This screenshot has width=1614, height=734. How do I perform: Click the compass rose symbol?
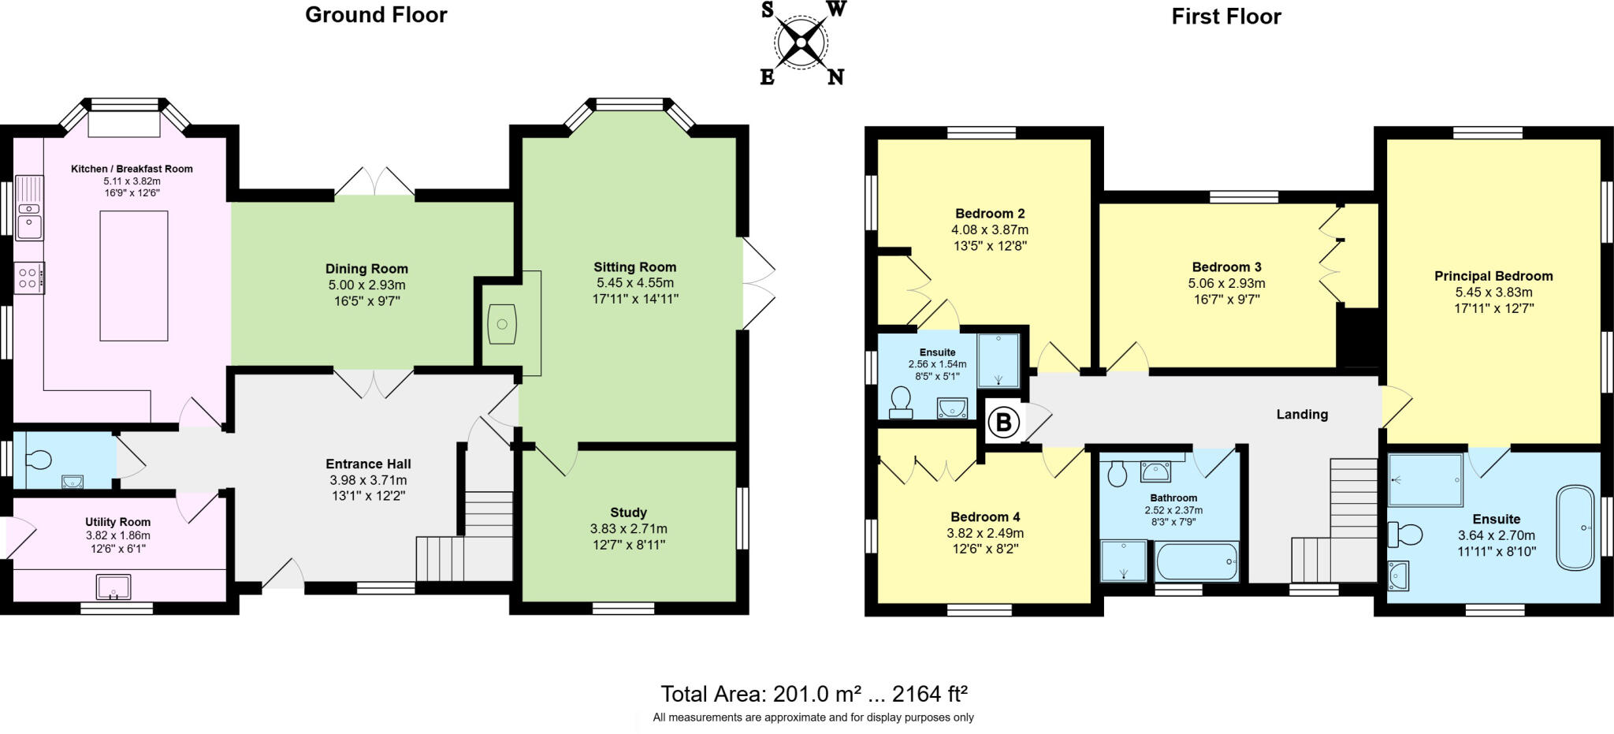801,42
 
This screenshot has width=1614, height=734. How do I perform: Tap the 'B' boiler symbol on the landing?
1003,423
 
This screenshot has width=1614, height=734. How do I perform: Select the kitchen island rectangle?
134,275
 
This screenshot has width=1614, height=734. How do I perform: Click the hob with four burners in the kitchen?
29,278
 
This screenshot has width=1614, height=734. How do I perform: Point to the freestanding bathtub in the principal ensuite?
1575,527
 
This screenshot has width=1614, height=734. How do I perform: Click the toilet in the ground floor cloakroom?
37,459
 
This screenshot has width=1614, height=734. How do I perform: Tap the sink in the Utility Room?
113,587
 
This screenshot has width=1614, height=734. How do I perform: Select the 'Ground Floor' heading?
376,15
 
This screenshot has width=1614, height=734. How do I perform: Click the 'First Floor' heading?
1225,17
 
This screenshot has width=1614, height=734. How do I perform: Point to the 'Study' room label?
628,512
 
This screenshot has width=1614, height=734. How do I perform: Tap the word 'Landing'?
1302,414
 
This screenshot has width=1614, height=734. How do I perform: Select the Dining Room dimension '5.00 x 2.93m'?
366,285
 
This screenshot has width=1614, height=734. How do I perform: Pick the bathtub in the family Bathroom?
1196,561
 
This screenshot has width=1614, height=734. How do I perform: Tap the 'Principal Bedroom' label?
1493,276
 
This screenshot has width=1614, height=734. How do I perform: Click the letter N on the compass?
835,76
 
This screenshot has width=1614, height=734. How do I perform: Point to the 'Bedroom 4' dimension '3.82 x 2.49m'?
985,533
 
